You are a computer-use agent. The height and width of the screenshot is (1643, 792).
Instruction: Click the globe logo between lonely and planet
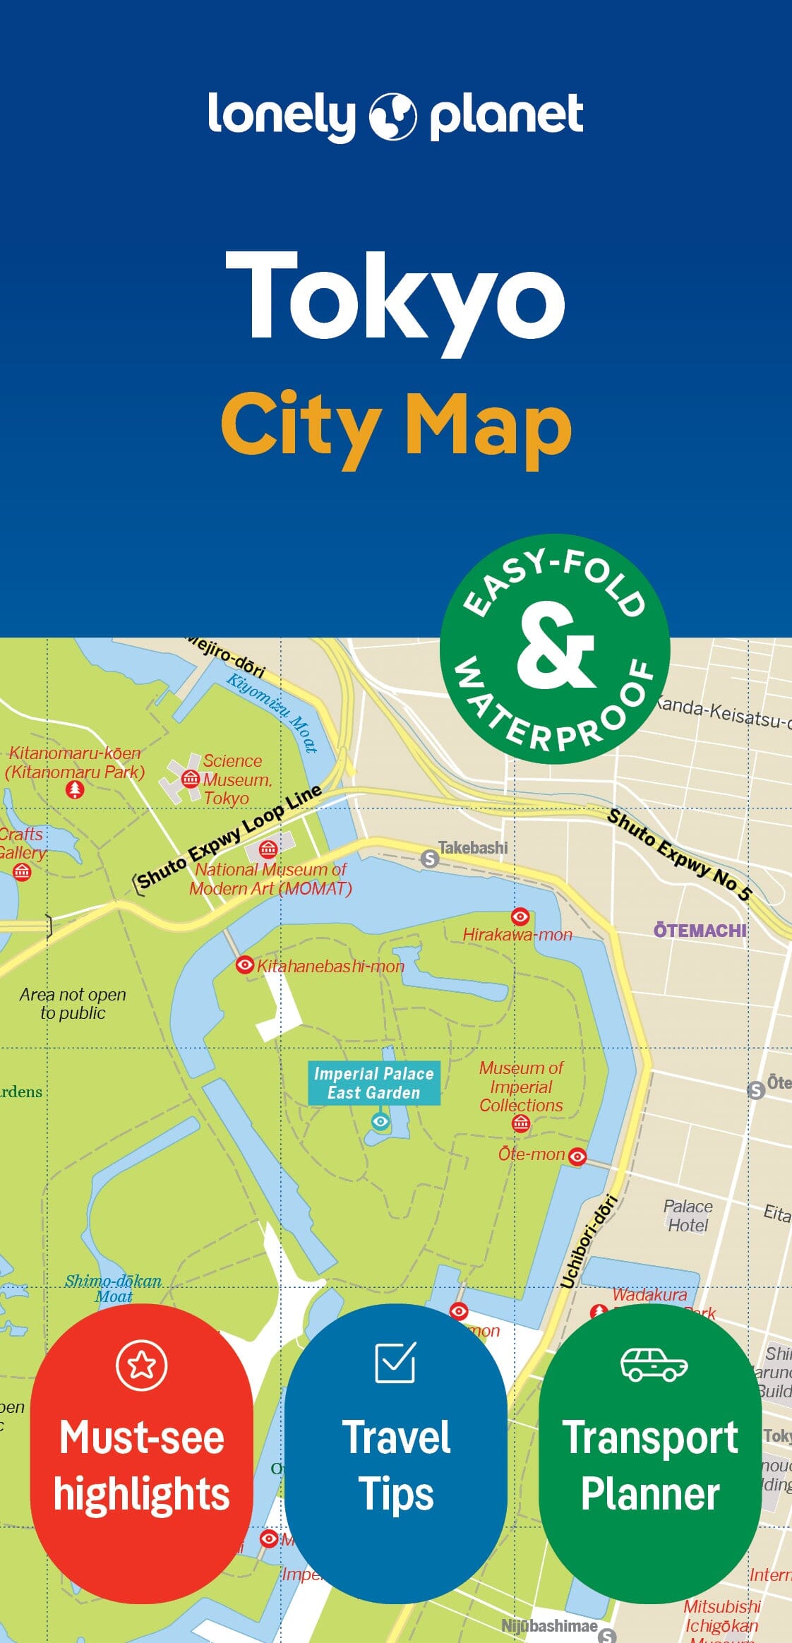(x=393, y=116)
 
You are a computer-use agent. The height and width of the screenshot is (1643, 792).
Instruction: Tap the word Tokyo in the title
(x=395, y=297)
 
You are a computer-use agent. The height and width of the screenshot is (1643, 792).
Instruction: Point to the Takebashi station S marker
(x=429, y=859)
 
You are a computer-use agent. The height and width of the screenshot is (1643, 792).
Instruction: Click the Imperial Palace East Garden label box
(x=373, y=1083)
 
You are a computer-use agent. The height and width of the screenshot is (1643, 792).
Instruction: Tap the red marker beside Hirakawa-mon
(x=520, y=916)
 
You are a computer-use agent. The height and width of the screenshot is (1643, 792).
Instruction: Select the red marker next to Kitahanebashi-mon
(x=244, y=964)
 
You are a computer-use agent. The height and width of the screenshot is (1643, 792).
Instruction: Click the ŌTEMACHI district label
(x=700, y=931)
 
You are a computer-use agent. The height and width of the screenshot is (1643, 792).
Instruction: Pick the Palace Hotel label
(x=688, y=1216)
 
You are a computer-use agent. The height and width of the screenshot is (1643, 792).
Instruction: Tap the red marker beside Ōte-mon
(x=577, y=1156)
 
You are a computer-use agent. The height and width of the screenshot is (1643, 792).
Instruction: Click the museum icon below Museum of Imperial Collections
(x=521, y=1124)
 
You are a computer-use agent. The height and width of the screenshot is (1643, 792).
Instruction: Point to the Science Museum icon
(x=191, y=779)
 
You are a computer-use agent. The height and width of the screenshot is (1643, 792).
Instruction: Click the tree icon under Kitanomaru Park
(x=75, y=789)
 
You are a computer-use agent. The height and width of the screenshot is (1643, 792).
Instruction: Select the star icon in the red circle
(x=142, y=1365)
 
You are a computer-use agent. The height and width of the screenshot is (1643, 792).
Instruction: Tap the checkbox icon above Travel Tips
(x=395, y=1362)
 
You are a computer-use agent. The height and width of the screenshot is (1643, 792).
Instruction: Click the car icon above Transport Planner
(x=653, y=1364)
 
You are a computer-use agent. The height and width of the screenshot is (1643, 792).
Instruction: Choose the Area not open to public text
(x=73, y=1003)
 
